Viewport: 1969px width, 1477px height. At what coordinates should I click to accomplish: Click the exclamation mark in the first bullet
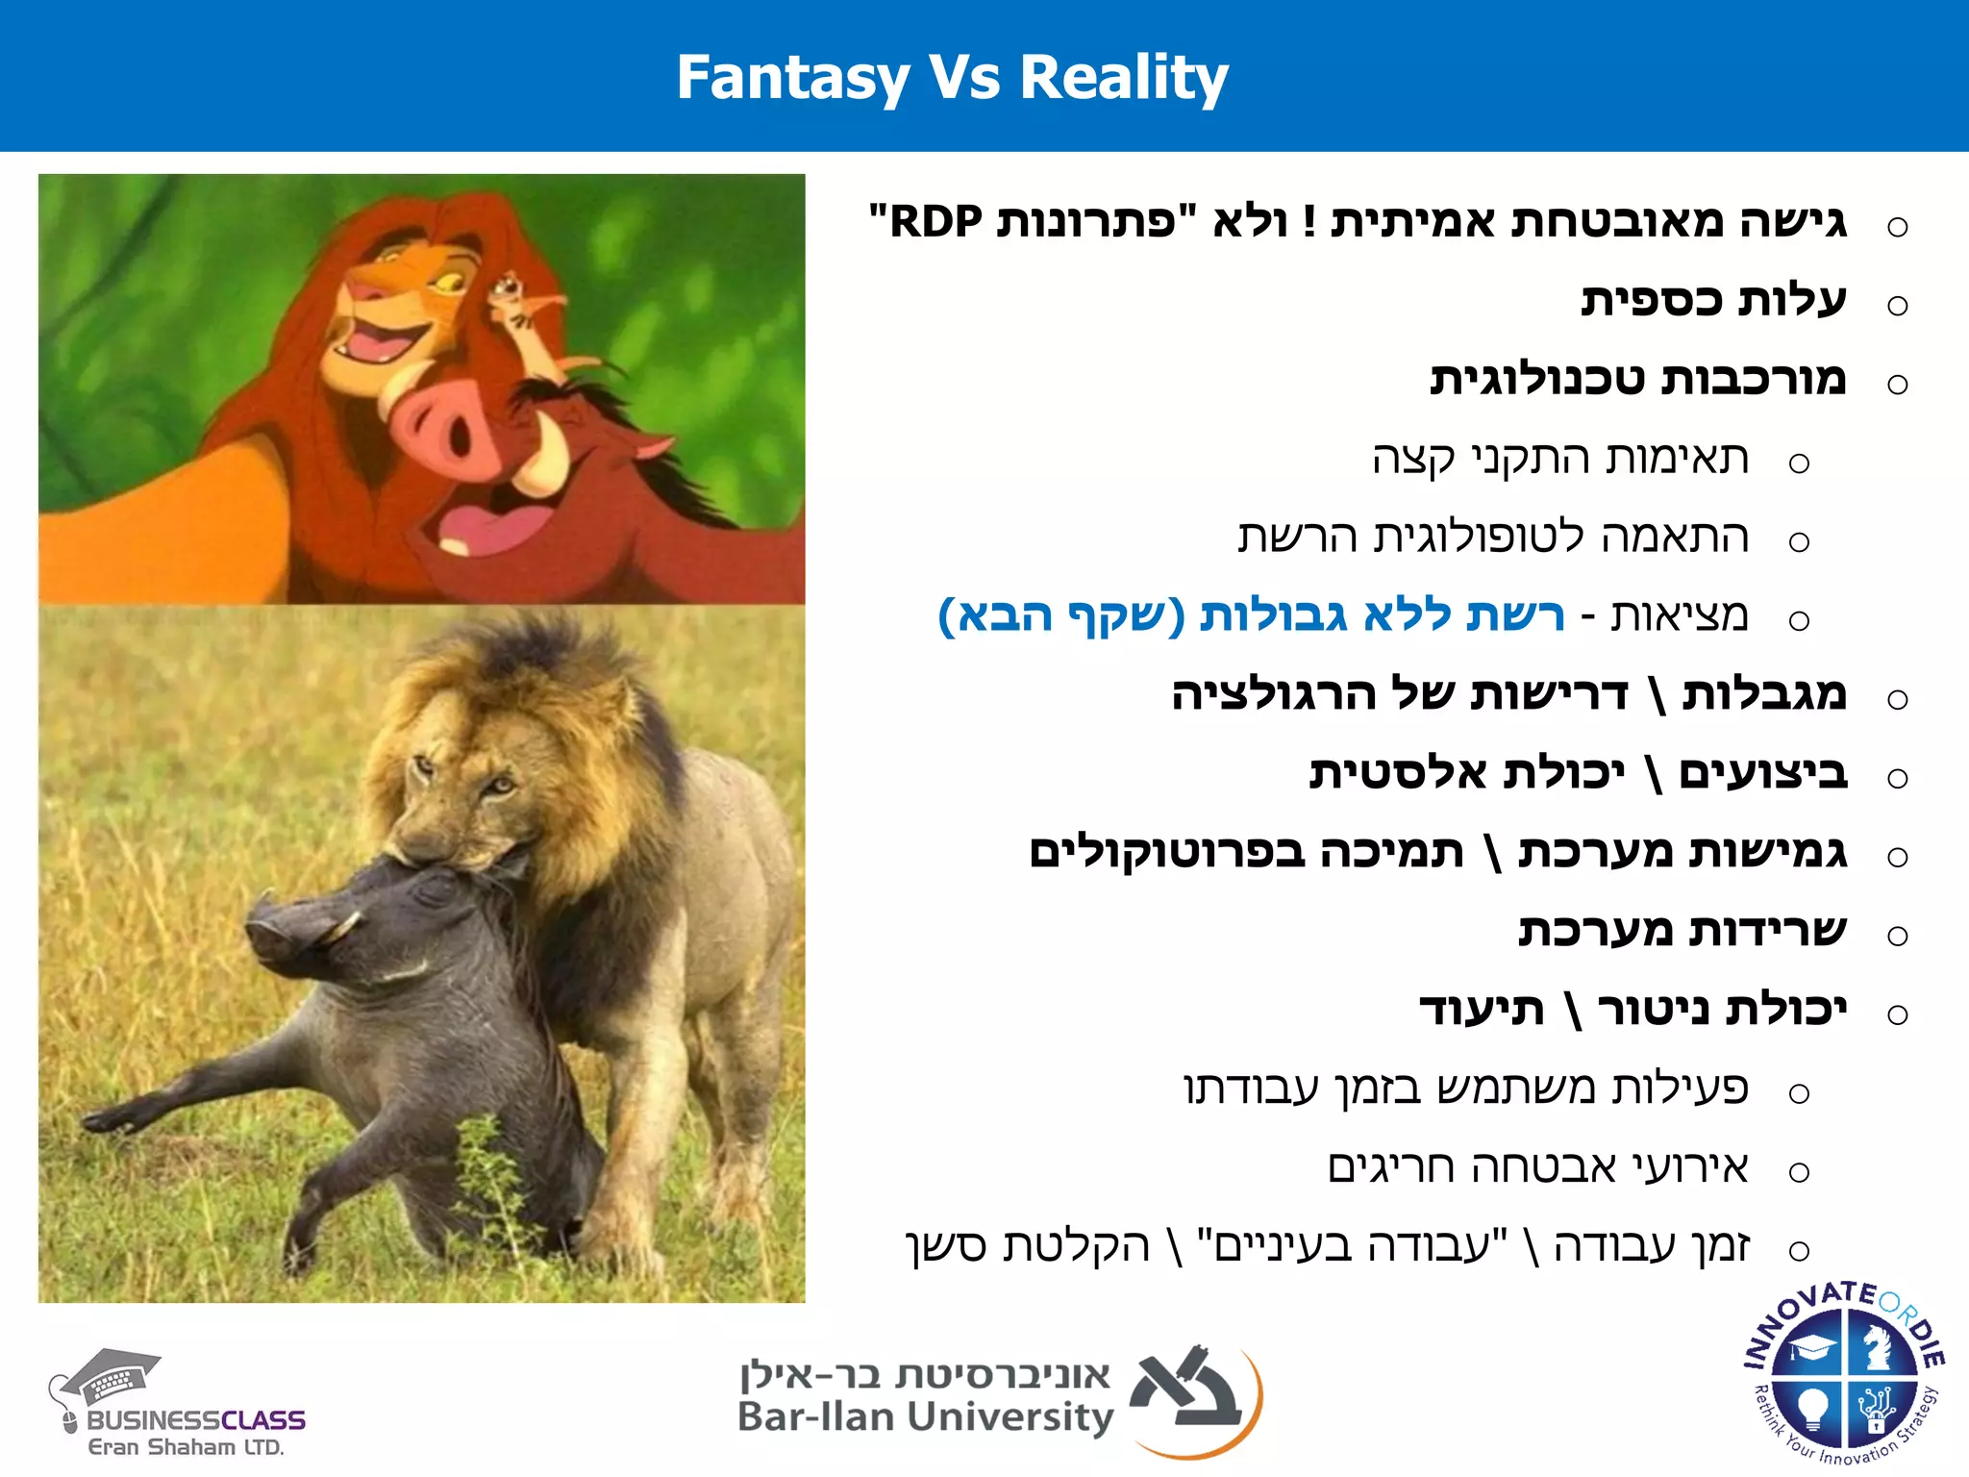point(1309,223)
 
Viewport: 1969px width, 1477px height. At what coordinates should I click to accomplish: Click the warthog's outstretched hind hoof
point(101,1121)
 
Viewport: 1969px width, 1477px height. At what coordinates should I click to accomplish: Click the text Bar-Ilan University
point(925,1417)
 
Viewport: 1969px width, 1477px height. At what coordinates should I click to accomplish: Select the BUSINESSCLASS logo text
point(196,1420)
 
